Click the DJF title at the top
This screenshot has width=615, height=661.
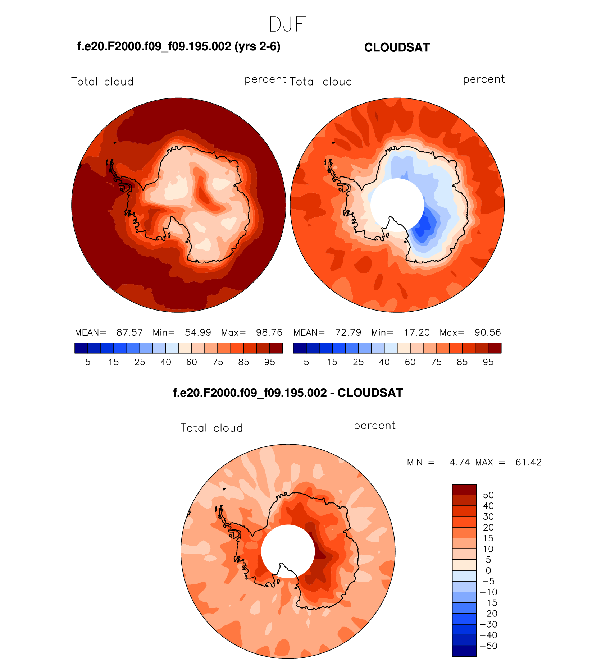tap(287, 24)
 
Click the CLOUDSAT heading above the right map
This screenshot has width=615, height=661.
tap(397, 47)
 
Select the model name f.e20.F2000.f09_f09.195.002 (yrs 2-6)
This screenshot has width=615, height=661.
tap(179, 46)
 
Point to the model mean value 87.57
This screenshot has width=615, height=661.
tap(129, 332)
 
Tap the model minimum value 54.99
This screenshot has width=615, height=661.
tap(198, 332)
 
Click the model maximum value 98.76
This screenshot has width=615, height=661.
tap(269, 332)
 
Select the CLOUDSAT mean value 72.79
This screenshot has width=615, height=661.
tap(348, 332)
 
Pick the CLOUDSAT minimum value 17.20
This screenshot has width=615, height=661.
tap(416, 332)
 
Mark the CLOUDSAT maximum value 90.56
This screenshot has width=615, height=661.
tap(488, 332)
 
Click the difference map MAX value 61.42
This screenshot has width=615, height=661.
tap(528, 462)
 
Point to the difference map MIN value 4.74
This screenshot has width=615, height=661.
tap(460, 462)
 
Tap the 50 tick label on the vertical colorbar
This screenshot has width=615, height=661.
tap(488, 495)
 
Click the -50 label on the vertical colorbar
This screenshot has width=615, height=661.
tap(488, 646)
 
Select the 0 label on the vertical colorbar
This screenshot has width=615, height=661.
tap(488, 570)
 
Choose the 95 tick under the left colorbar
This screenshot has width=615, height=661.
tap(269, 362)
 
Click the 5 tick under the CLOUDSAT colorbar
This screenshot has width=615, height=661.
tap(306, 362)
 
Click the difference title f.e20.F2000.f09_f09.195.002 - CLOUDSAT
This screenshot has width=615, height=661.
tap(288, 393)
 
